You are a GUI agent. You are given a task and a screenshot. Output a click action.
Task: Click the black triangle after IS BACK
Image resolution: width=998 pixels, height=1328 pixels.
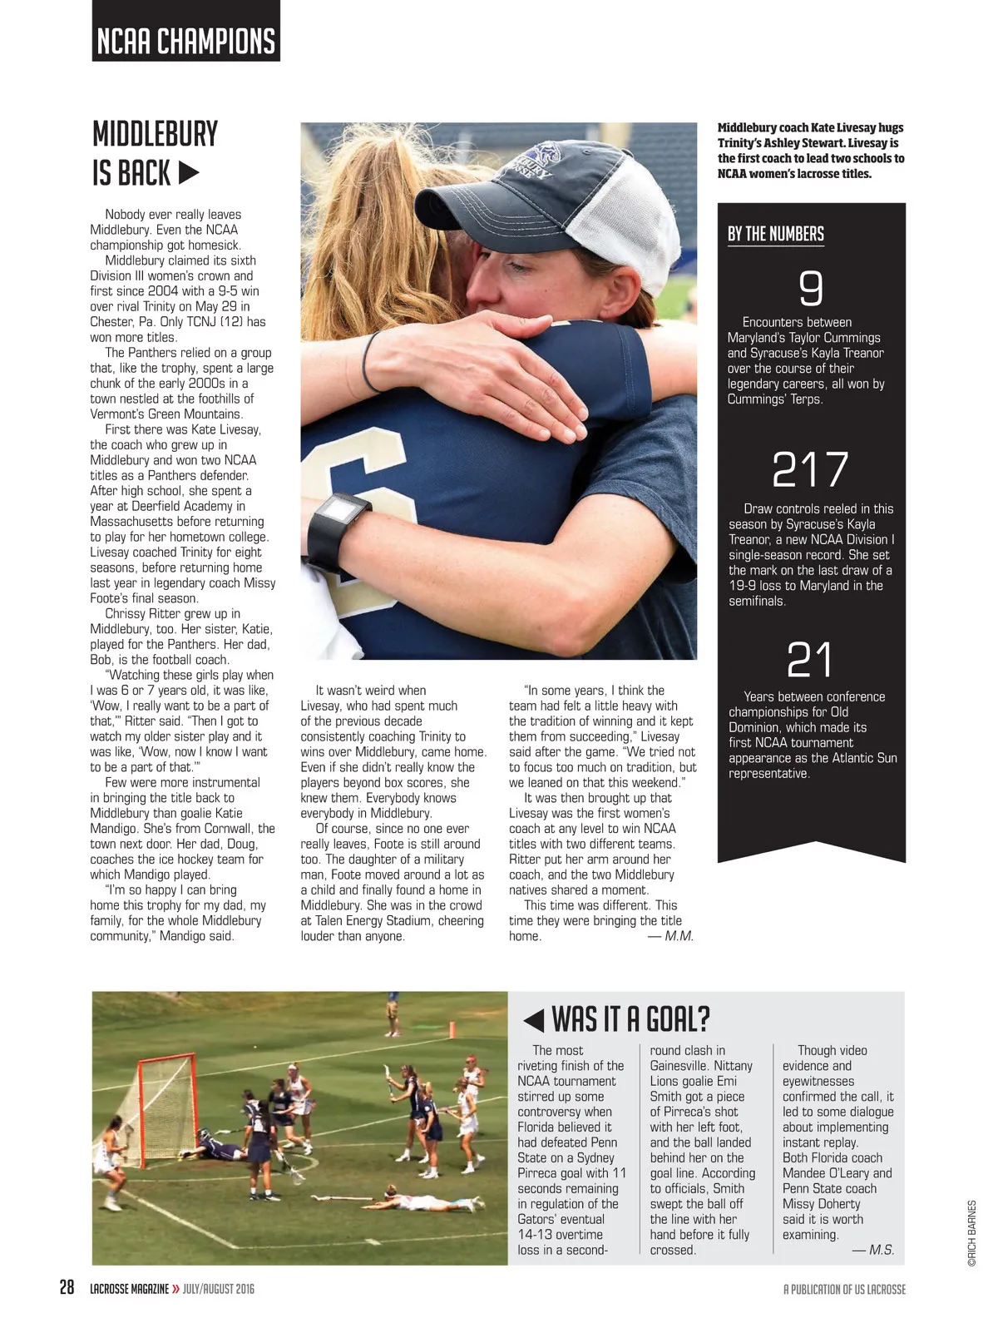click(x=190, y=173)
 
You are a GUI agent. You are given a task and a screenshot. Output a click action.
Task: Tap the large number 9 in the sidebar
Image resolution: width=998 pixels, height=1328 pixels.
click(x=810, y=288)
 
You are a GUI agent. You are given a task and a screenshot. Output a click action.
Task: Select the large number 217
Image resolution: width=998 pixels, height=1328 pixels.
click(x=810, y=469)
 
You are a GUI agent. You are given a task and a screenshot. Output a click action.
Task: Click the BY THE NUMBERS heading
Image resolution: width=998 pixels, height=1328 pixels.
click(x=775, y=234)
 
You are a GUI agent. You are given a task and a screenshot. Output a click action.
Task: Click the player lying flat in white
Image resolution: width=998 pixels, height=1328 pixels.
click(x=416, y=1203)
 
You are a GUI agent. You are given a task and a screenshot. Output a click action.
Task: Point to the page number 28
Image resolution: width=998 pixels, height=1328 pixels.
click(x=67, y=1288)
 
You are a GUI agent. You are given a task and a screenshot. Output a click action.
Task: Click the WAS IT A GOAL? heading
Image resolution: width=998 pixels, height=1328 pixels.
click(x=630, y=1018)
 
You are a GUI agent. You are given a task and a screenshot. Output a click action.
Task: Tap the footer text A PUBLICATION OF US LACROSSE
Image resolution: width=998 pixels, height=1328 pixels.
click(x=844, y=1289)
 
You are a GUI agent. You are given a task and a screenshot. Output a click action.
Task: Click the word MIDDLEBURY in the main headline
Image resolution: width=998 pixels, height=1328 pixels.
click(x=155, y=134)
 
